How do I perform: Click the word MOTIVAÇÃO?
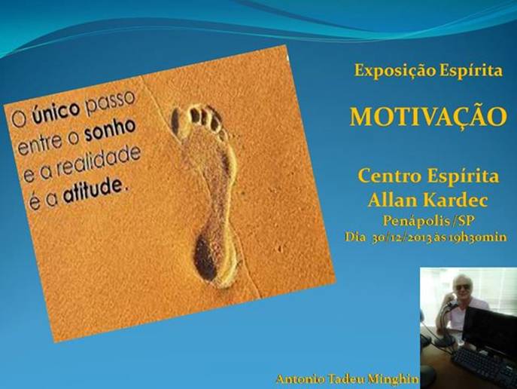(x=428, y=116)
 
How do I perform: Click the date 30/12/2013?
(x=402, y=237)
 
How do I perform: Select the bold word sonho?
(x=111, y=130)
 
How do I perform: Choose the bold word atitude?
(x=93, y=191)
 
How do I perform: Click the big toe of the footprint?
(x=175, y=122)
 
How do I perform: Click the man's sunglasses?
(x=464, y=287)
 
